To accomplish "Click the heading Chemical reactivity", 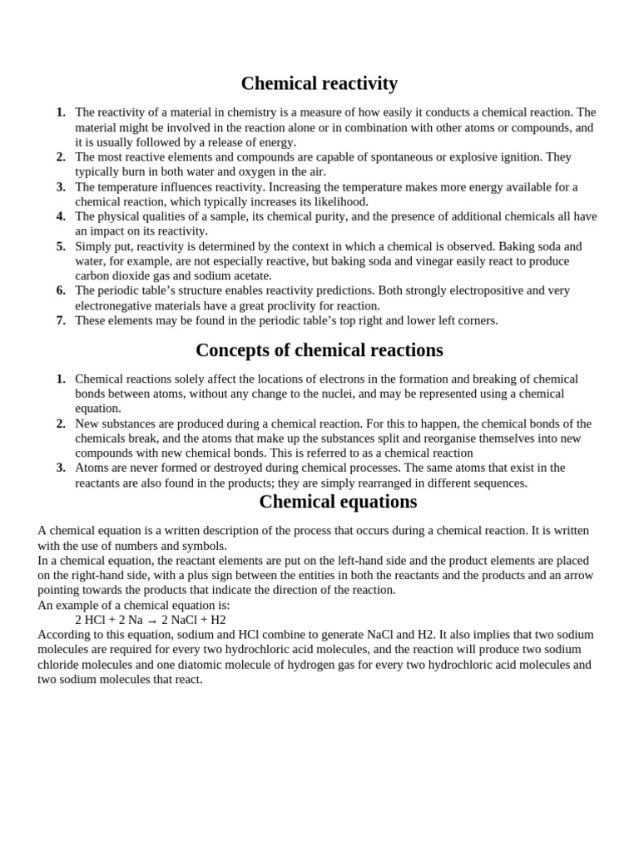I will [319, 84].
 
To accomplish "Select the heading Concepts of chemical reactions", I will [319, 349].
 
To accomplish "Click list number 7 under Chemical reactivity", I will [61, 320].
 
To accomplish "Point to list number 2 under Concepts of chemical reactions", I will [61, 424].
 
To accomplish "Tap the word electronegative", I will [114, 305].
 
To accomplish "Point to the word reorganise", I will [433, 438].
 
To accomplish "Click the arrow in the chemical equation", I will [152, 621].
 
